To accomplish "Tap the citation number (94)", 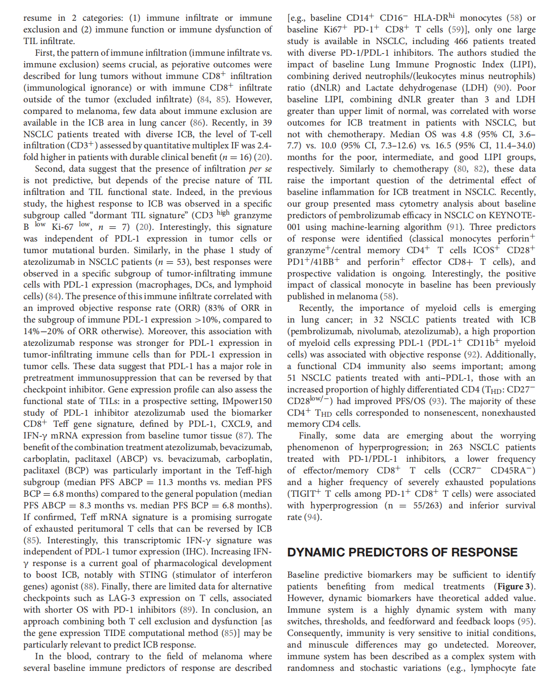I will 312,517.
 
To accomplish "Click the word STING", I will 152,575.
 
